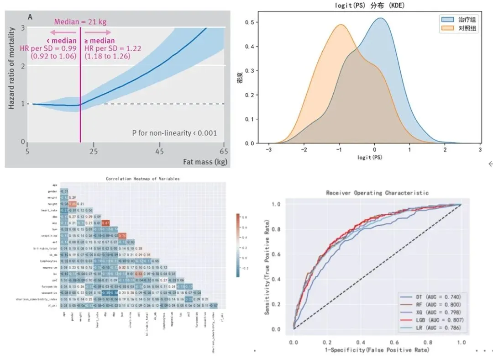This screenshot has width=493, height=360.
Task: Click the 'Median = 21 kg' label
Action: click(80, 21)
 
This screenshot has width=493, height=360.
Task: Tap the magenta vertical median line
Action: click(80, 91)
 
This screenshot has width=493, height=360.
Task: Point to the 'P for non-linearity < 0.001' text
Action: click(174, 133)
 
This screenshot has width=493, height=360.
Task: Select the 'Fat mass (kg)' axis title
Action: click(205, 162)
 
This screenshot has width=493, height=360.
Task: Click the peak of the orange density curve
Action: click(340, 25)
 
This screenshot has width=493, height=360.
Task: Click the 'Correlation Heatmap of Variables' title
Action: click(142, 179)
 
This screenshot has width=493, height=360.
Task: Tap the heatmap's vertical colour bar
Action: click(238, 244)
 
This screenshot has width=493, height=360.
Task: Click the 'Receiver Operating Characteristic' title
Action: click(377, 193)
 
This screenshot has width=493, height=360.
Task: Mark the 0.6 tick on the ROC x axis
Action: click(394, 342)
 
